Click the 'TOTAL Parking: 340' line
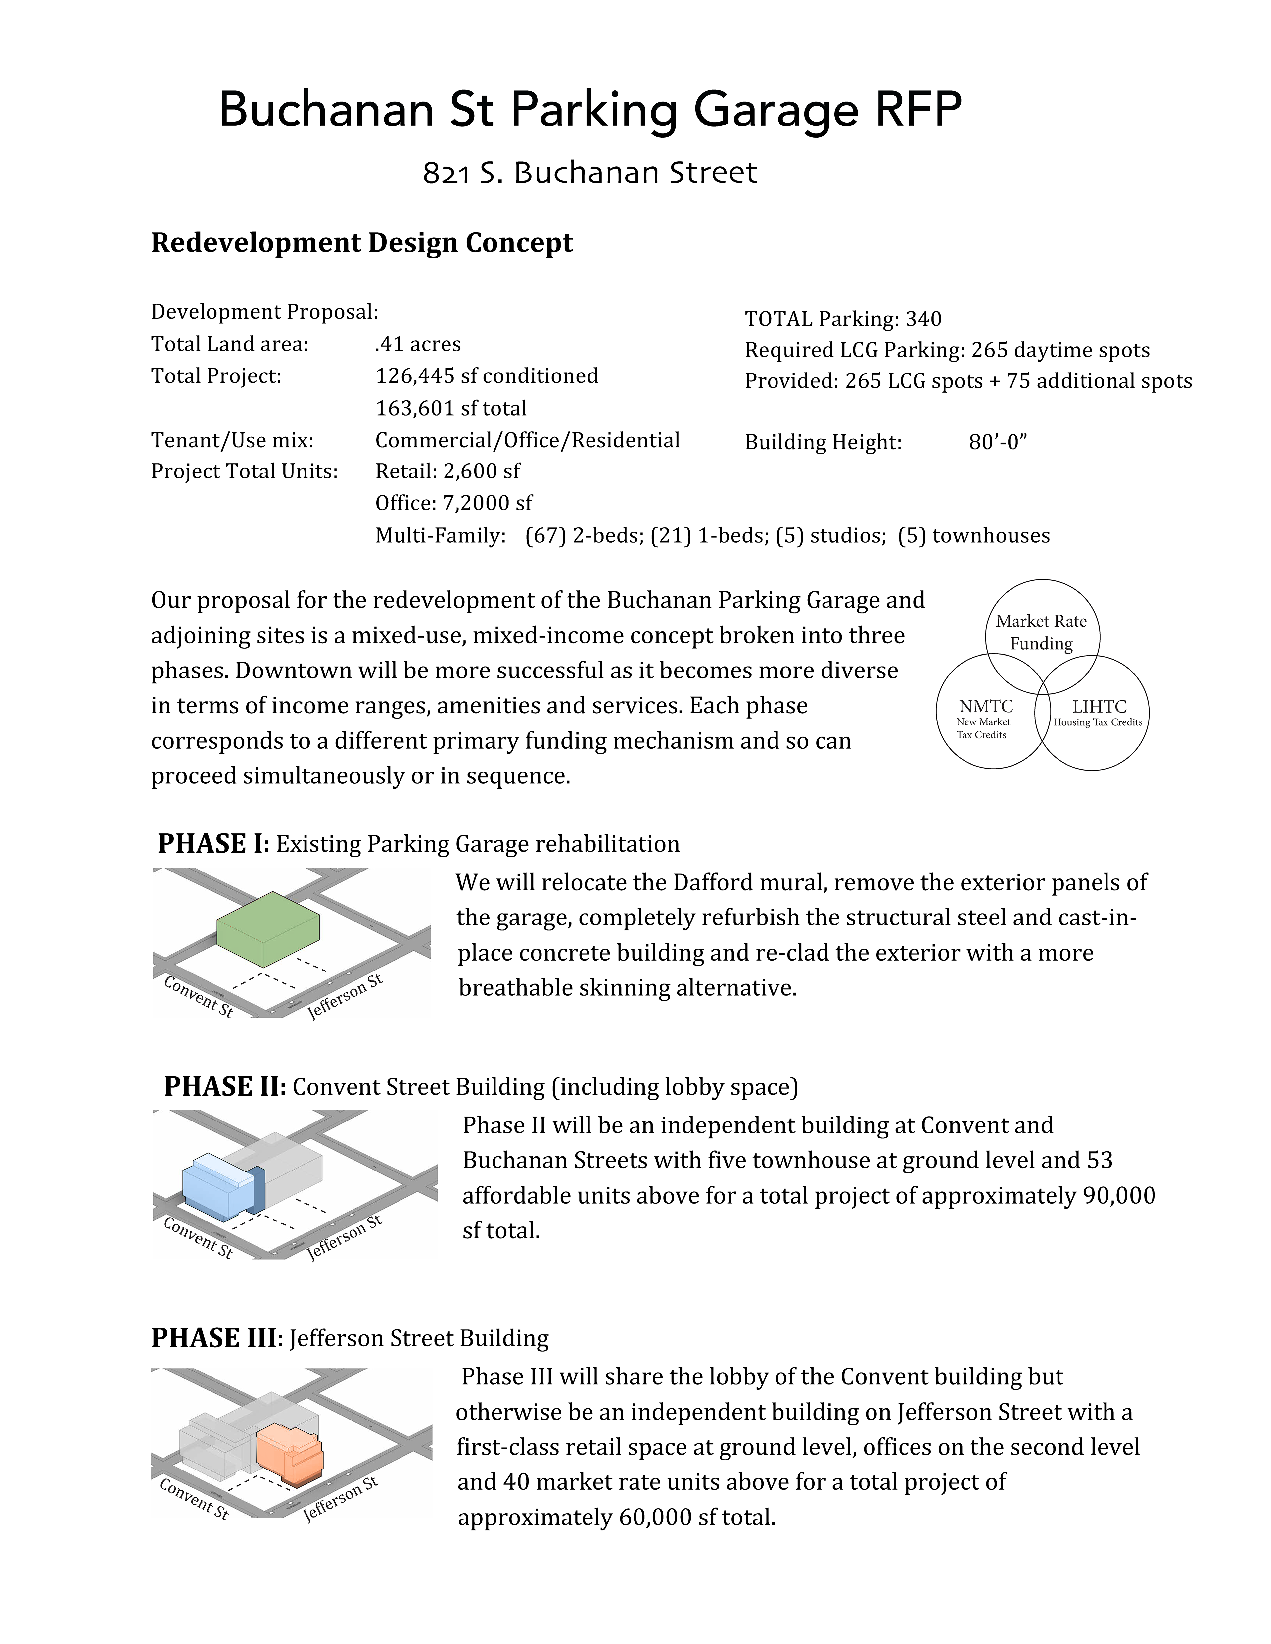click(x=843, y=319)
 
